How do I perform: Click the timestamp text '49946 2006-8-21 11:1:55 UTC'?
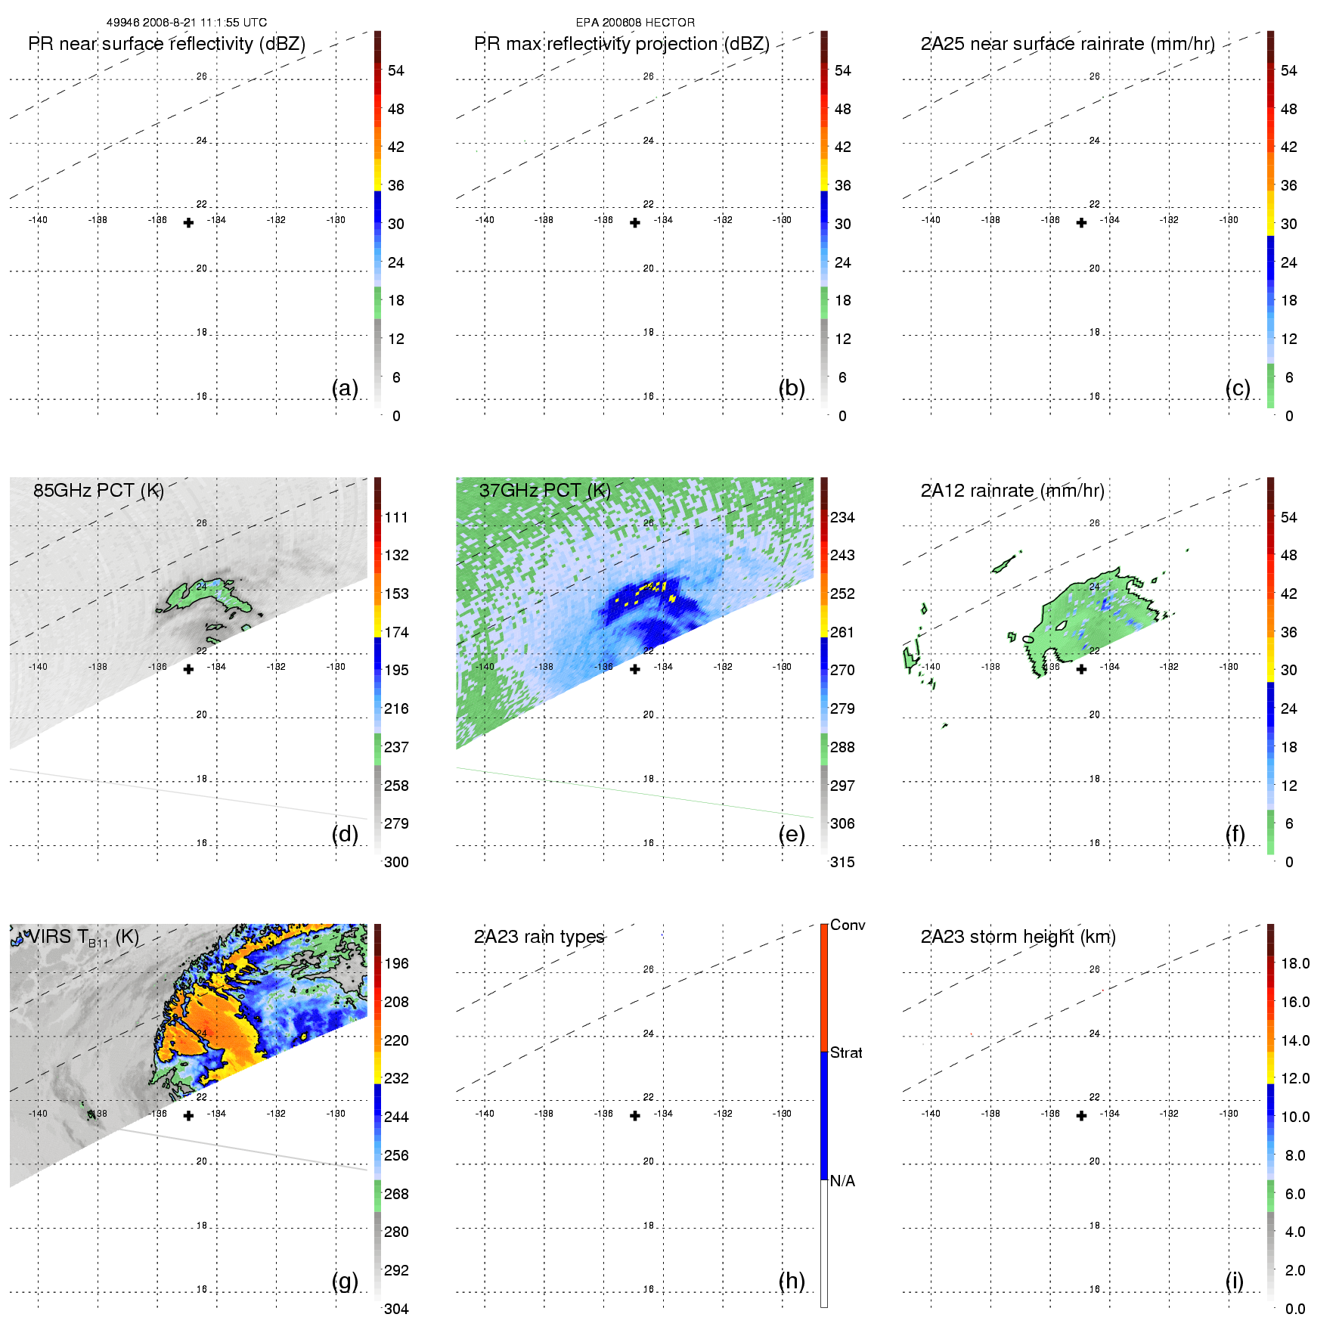(186, 23)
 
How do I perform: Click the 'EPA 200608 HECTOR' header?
(635, 23)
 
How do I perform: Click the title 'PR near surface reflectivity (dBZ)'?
(166, 44)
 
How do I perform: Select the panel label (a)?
(345, 388)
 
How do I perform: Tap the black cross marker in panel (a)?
(188, 222)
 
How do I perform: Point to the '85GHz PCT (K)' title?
(98, 490)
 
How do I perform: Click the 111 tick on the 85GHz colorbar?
(396, 517)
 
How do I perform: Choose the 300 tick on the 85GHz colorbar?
(396, 862)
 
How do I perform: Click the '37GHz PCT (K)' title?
(544, 490)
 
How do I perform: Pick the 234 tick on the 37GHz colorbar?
(842, 517)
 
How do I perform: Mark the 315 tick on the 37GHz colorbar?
(842, 862)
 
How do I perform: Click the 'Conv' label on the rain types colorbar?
(848, 925)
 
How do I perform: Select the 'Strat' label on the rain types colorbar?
(846, 1052)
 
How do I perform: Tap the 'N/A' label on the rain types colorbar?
(842, 1181)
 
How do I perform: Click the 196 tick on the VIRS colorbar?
(396, 963)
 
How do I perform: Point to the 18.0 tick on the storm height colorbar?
(1295, 963)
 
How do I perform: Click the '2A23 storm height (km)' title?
(1018, 937)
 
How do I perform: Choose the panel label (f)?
(1235, 834)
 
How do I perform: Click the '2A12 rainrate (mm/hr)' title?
(1012, 490)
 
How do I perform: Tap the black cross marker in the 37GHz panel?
(635, 669)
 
